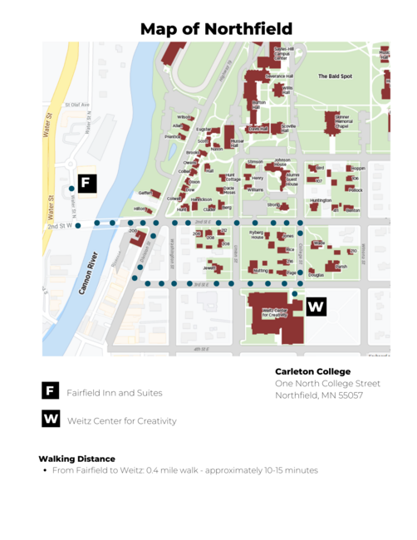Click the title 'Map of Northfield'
[x=216, y=29]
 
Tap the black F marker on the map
[x=87, y=184]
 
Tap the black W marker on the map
[x=316, y=307]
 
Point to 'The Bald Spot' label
[x=335, y=76]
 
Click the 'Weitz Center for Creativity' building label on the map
[x=273, y=313]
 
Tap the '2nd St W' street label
[x=58, y=225]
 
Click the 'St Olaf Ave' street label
[x=79, y=105]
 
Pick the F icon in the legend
[x=51, y=391]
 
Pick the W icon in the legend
[x=51, y=420]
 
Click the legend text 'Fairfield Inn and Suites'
[x=115, y=392]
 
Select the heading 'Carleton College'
[x=312, y=371]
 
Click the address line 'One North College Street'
[x=327, y=383]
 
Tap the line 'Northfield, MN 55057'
[x=319, y=395]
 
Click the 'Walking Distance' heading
[x=76, y=458]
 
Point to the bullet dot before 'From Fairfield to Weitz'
[x=44, y=470]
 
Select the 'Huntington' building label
[x=321, y=200]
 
